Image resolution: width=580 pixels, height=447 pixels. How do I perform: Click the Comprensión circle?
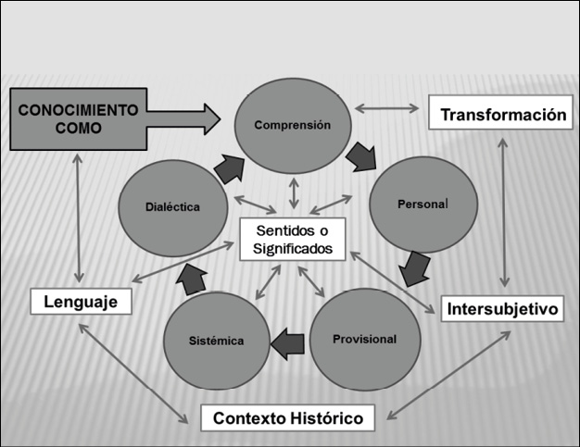pyautogui.click(x=293, y=124)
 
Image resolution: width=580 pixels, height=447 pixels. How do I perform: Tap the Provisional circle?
pyautogui.click(x=364, y=339)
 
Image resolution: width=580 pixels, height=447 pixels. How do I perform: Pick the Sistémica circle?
pyautogui.click(x=219, y=341)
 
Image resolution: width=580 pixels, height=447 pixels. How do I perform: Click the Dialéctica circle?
pyautogui.click(x=172, y=207)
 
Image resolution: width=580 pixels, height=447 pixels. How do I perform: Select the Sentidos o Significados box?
pyautogui.click(x=292, y=239)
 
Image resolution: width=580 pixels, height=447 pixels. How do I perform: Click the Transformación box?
pyautogui.click(x=502, y=115)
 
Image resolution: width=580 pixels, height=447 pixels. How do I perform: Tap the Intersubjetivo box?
pyautogui.click(x=502, y=308)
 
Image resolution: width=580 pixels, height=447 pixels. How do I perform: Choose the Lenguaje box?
pyautogui.click(x=80, y=302)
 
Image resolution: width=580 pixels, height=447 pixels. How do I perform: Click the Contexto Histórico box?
pyautogui.click(x=288, y=417)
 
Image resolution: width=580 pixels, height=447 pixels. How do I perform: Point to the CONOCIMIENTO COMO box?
pyautogui.click(x=78, y=118)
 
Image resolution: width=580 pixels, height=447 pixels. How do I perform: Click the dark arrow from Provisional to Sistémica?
pyautogui.click(x=287, y=342)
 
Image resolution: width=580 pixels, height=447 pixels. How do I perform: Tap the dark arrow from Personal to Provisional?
pyautogui.click(x=414, y=269)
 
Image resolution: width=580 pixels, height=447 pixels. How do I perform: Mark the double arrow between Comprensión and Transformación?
pyautogui.click(x=387, y=108)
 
